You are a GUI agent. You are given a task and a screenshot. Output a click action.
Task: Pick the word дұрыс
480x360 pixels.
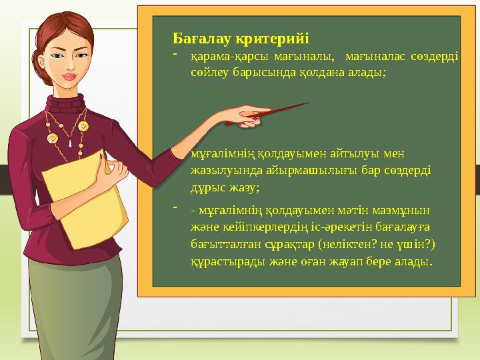[207, 186]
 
